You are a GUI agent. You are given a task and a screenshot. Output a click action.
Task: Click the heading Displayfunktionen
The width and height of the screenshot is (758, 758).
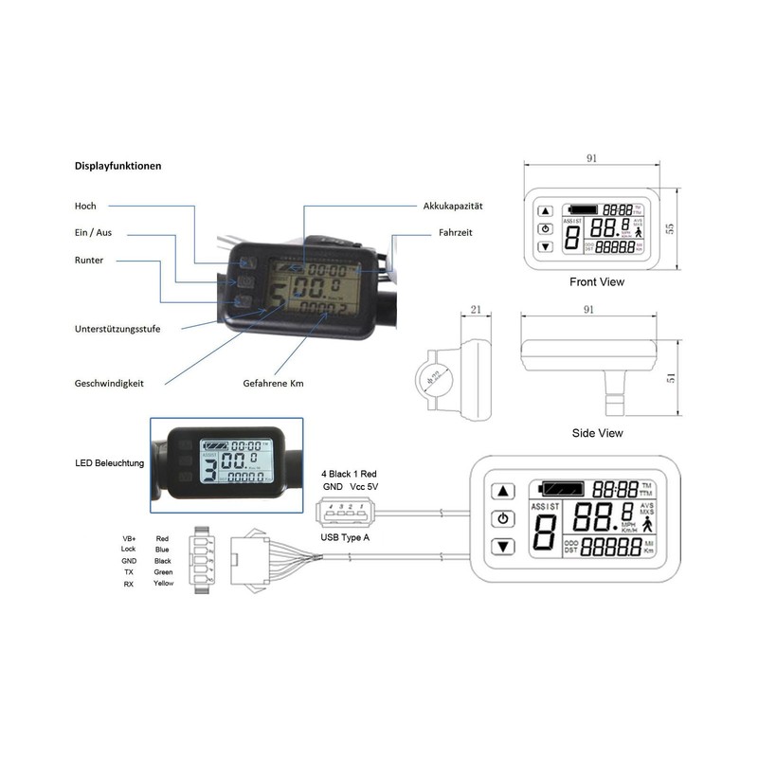click(117, 165)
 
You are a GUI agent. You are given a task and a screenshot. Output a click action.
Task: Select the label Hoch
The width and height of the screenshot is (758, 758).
click(85, 206)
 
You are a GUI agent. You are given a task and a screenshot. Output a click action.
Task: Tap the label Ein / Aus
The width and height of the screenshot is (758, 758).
click(93, 233)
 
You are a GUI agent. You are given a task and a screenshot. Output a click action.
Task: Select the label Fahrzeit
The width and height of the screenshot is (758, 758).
click(456, 232)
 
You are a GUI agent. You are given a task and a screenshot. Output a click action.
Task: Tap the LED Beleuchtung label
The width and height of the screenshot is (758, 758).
click(109, 463)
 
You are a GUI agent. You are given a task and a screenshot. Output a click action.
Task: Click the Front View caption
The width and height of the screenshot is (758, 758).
click(597, 281)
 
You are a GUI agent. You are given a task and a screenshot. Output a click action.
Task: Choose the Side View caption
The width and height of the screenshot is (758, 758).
click(597, 433)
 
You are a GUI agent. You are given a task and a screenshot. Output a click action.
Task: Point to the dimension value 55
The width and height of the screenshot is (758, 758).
click(669, 227)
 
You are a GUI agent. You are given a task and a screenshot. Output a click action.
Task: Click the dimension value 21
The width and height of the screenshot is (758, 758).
click(476, 310)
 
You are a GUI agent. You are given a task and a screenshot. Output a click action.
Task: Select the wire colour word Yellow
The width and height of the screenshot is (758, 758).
click(163, 583)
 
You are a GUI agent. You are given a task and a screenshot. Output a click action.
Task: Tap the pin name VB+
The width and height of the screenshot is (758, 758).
click(129, 537)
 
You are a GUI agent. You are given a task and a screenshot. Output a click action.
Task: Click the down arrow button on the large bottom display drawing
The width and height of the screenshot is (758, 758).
click(504, 547)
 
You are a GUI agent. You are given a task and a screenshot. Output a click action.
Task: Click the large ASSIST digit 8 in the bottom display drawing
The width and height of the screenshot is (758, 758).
click(545, 535)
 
